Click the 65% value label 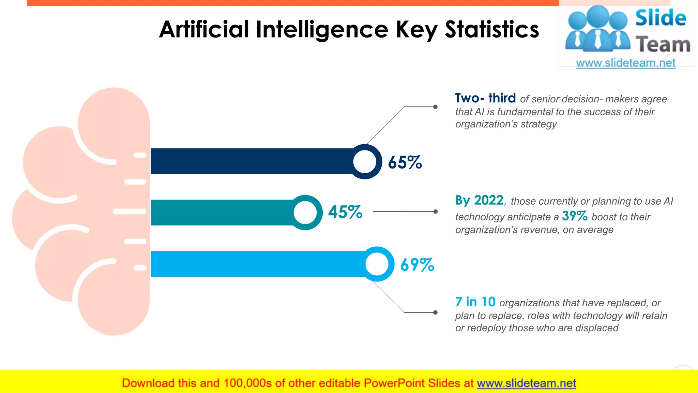405,162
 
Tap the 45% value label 345,212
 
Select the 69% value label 417,265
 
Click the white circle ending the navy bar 365,162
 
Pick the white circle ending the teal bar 305,212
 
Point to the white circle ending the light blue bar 377,264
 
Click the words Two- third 485,98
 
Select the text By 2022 479,200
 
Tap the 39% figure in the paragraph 575,216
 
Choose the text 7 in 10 475,302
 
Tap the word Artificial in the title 204,29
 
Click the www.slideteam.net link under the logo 626,63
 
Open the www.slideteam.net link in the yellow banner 526,383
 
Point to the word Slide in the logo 661,18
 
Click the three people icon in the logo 597,29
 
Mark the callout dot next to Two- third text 435,107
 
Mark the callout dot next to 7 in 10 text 435,312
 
